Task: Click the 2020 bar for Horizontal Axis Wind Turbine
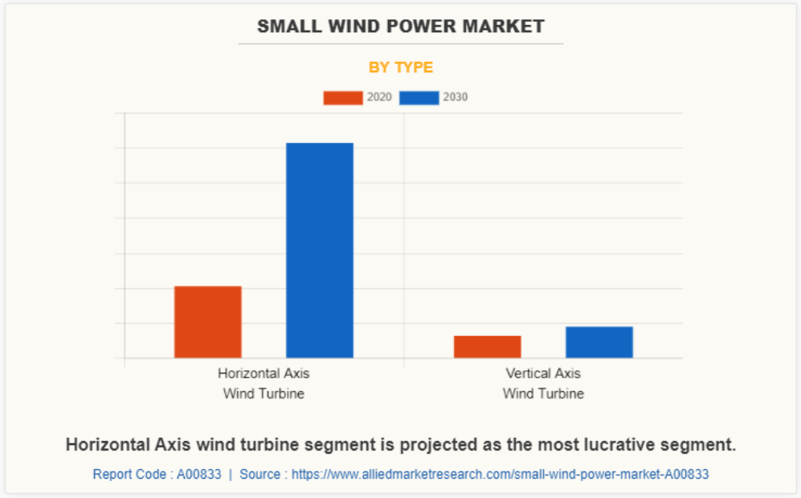pos(207,321)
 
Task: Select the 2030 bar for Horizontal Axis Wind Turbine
pos(319,250)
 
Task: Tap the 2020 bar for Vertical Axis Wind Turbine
pos(487,346)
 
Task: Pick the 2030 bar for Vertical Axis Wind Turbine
pos(599,341)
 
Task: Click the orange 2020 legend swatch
pos(342,98)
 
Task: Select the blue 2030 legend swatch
pos(419,98)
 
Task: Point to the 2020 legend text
pos(379,97)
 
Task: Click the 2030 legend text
pos(455,97)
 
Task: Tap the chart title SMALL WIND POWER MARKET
pos(400,26)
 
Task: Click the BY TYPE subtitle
pos(400,67)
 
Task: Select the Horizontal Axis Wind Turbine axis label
pos(264,383)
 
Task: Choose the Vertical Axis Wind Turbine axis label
pos(543,383)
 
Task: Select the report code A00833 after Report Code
pos(198,475)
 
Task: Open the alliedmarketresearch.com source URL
pos(500,475)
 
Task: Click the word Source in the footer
pos(260,475)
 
